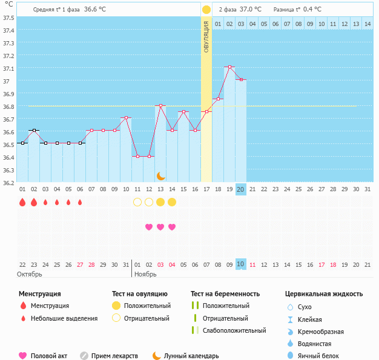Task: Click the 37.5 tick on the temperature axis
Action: click(9, 18)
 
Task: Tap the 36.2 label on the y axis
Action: click(9, 182)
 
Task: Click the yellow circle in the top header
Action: click(206, 10)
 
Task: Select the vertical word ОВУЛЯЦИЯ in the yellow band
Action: click(206, 36)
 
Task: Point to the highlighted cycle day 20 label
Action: click(240, 189)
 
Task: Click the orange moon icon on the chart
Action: click(160, 175)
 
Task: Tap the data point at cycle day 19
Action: click(229, 67)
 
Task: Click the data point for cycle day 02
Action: click(34, 130)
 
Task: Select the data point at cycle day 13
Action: click(160, 105)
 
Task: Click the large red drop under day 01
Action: click(22, 202)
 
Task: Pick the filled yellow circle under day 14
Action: click(172, 202)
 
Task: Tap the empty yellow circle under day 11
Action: click(137, 202)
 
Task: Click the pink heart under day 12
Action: click(149, 227)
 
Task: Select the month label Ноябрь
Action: click(145, 274)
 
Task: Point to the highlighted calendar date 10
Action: click(240, 264)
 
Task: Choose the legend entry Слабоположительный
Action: click(234, 330)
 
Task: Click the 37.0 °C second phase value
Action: click(251, 10)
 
